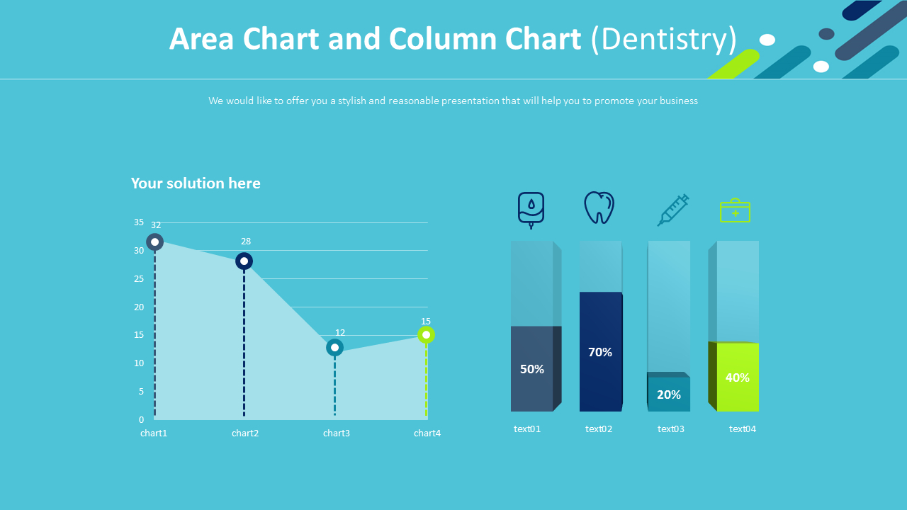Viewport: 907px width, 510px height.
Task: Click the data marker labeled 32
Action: tap(155, 242)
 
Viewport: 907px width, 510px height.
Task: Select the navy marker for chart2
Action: tap(244, 261)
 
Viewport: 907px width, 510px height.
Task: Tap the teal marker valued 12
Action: tap(334, 348)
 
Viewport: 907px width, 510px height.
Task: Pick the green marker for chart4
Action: tap(426, 335)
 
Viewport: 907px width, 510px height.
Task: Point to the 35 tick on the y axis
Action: tap(139, 222)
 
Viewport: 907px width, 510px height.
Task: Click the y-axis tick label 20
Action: tap(139, 307)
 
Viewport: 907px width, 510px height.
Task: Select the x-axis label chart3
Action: tap(337, 433)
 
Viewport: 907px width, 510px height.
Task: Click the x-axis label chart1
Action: tap(154, 433)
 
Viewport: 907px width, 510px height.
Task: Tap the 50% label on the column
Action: tap(532, 369)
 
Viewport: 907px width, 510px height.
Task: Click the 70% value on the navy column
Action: tap(600, 352)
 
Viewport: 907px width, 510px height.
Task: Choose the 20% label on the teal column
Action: tap(669, 395)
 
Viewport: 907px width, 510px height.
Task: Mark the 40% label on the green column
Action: tap(738, 378)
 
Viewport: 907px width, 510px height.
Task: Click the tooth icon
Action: tap(599, 208)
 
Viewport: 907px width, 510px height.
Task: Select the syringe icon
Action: tap(672, 210)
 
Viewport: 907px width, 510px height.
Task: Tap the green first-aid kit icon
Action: tap(735, 210)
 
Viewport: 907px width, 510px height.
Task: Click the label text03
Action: tap(671, 429)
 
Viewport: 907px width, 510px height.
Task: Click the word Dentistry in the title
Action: tap(663, 40)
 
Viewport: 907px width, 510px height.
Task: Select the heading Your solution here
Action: tap(196, 183)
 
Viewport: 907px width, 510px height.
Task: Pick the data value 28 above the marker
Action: tap(246, 242)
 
